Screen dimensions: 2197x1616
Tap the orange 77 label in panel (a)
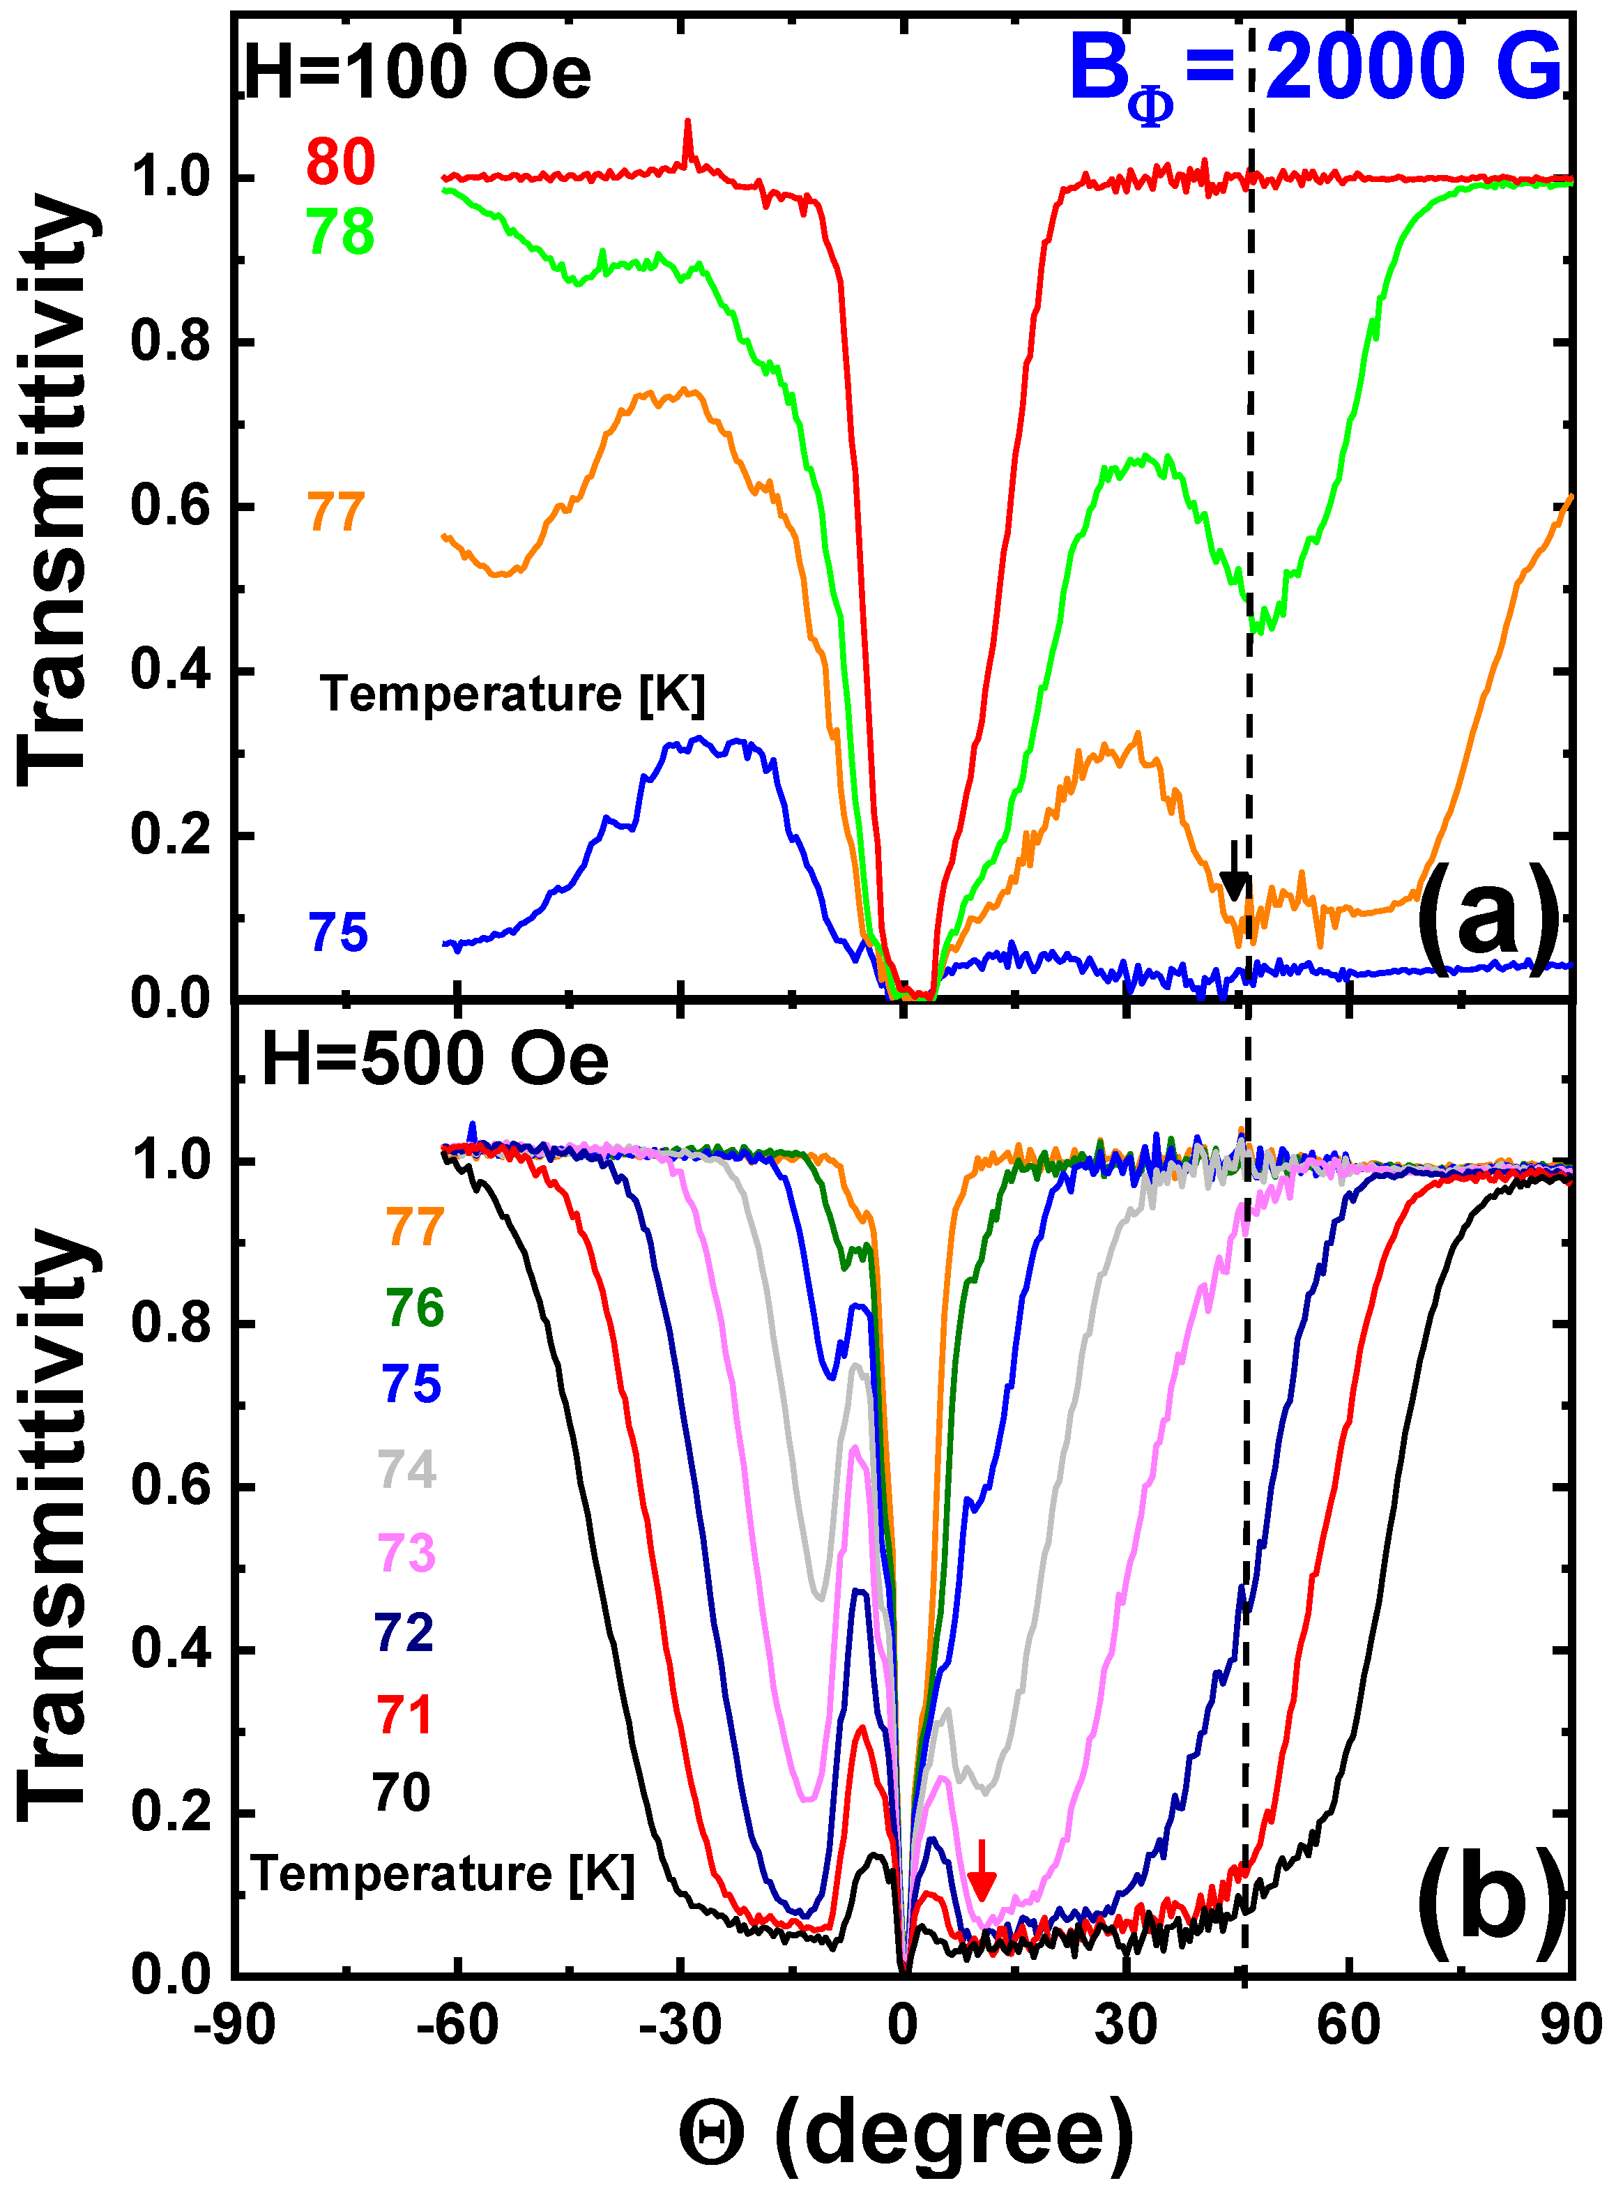[x=337, y=512]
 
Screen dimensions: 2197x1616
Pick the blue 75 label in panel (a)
[x=338, y=932]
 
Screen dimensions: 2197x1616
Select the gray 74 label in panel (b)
[x=407, y=1468]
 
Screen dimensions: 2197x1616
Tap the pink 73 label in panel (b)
[x=407, y=1551]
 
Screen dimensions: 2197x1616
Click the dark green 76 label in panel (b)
[x=414, y=1308]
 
